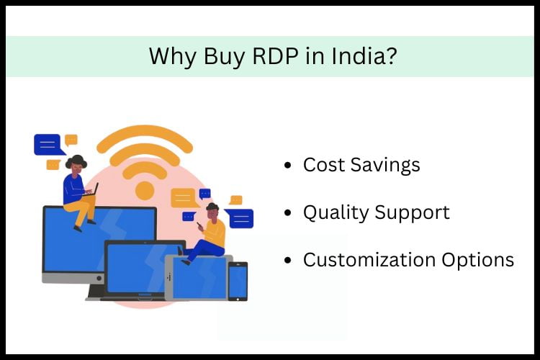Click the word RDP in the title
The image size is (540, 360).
(x=266, y=56)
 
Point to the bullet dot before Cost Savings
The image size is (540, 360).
(x=289, y=166)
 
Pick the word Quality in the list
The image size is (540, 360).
(x=333, y=212)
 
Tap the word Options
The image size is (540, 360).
(x=477, y=260)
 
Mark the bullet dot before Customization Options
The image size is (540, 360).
(x=289, y=261)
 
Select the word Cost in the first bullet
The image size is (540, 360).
(x=323, y=165)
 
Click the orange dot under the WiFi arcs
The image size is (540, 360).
(x=145, y=190)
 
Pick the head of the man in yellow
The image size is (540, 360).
(x=212, y=210)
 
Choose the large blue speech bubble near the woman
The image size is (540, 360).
(x=48, y=145)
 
